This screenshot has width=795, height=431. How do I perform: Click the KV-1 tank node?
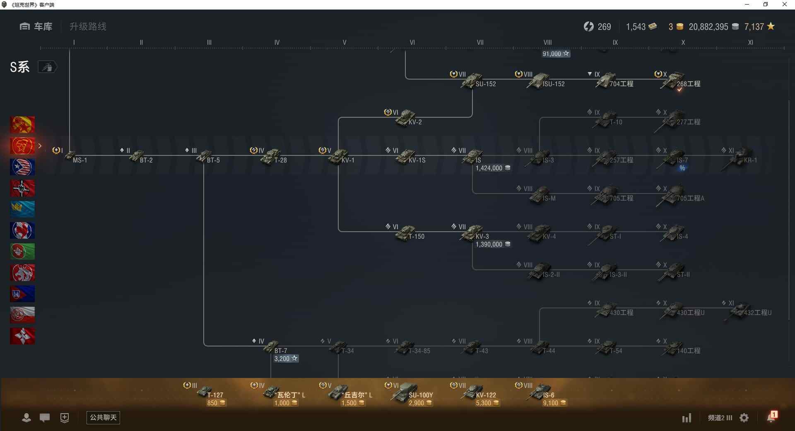pyautogui.click(x=339, y=157)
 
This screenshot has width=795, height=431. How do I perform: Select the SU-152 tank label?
pyautogui.click(x=485, y=84)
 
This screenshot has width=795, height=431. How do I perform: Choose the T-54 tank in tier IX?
pyautogui.click(x=607, y=347)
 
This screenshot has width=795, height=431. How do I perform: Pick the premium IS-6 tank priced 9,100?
pyautogui.click(x=540, y=392)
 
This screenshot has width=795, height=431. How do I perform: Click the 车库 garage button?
pyautogui.click(x=36, y=27)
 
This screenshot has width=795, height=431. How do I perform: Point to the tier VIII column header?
pyautogui.click(x=547, y=42)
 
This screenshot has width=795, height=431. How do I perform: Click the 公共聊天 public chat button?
pyautogui.click(x=103, y=418)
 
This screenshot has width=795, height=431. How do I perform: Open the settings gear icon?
pyautogui.click(x=744, y=418)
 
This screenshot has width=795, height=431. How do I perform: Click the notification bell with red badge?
pyautogui.click(x=771, y=417)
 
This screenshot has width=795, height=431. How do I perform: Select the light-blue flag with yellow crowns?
pyautogui.click(x=22, y=209)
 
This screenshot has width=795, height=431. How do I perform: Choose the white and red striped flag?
pyautogui.click(x=22, y=315)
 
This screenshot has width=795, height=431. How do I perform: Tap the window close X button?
pyautogui.click(x=784, y=5)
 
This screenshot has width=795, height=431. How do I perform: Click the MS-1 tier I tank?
pyautogui.click(x=71, y=157)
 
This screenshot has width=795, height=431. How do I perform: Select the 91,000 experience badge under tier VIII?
pyautogui.click(x=556, y=54)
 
